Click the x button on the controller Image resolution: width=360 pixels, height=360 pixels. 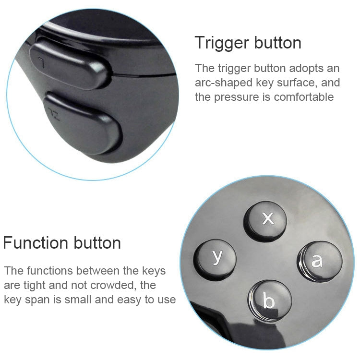(268, 219)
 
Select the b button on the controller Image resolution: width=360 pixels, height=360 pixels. (268, 300)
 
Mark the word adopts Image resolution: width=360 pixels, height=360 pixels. (309, 68)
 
